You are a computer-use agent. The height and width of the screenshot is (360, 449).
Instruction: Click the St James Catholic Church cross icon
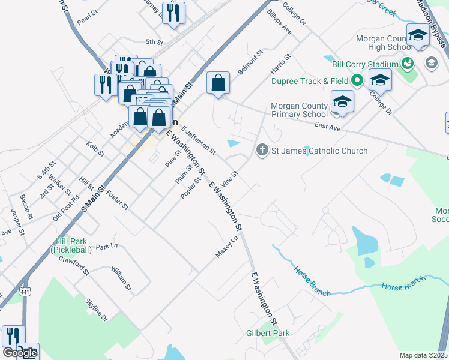pos(262,150)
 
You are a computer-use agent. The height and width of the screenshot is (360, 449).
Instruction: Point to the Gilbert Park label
pos(268,333)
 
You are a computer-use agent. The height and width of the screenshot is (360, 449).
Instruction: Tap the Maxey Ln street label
pos(227,247)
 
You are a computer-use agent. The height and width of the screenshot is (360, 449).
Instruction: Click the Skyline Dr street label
pos(96,309)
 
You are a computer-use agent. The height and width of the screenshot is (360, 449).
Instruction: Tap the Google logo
pos(20,353)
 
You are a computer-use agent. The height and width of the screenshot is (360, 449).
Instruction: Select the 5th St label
pos(154,42)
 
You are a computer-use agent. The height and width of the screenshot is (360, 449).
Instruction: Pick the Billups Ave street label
pos(279,22)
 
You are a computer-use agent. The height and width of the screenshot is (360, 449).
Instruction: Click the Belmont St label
pos(251,62)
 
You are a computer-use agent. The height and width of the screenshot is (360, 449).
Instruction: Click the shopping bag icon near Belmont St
pos(218,83)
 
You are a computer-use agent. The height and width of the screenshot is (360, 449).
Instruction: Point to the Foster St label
pos(117,200)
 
